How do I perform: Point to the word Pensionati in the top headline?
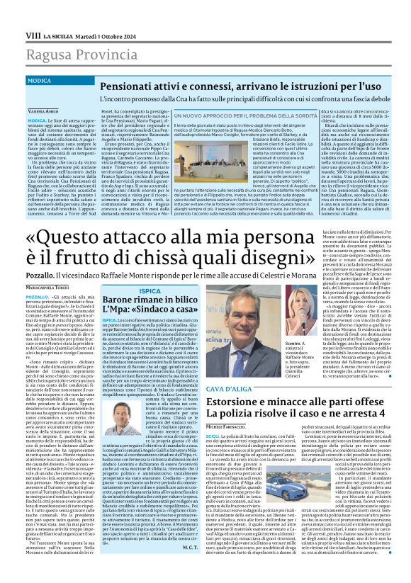tap(127, 86)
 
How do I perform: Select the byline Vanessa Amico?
tap(43, 112)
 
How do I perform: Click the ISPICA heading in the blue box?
tap(150, 290)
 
